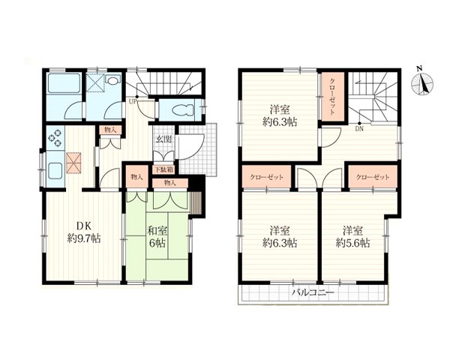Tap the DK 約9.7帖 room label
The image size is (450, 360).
[84, 232]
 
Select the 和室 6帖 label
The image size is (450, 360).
[157, 237]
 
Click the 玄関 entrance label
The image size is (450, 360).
[163, 139]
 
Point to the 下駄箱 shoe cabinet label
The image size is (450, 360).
[164, 169]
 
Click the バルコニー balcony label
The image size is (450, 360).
[313, 292]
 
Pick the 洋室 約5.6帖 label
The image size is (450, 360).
[352, 237]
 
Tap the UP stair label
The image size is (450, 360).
[133, 101]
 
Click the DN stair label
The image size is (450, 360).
[359, 129]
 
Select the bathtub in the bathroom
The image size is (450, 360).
[64, 83]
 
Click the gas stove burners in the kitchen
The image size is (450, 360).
[55, 137]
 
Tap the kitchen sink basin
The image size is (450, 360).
[55, 171]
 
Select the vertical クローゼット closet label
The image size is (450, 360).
[332, 97]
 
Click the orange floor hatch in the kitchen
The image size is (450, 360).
[73, 163]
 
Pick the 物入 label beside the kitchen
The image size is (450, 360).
[110, 130]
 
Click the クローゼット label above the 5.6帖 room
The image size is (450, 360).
[373, 177]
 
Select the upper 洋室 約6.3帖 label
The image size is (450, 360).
[280, 116]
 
